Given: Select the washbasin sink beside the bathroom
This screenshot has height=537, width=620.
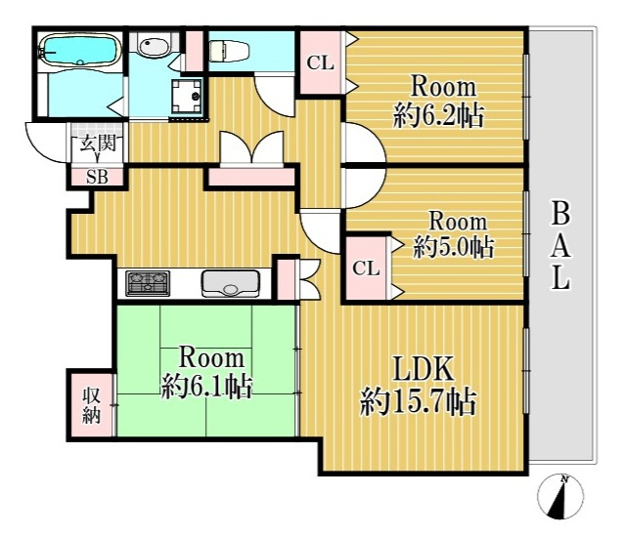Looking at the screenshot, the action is [x=154, y=46].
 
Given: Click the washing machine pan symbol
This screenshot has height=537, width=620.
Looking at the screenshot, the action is [x=186, y=96].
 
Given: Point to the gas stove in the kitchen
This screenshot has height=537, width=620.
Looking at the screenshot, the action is [x=148, y=283].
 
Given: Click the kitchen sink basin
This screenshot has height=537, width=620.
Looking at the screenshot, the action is [x=230, y=283].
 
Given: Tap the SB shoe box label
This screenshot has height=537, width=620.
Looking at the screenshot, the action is [x=97, y=177].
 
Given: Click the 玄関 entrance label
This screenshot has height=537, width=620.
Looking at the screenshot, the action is [x=98, y=144].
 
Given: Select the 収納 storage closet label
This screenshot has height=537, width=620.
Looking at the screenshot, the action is [x=91, y=405].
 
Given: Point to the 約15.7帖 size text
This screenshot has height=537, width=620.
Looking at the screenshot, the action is [x=418, y=402].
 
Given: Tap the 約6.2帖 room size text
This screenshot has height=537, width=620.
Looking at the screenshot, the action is [x=438, y=115].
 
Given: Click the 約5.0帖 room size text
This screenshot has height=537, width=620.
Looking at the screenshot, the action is [x=453, y=247].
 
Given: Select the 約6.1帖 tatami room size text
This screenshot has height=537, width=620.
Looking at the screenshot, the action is [x=206, y=388].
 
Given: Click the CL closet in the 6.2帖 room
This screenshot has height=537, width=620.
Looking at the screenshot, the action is [x=321, y=62].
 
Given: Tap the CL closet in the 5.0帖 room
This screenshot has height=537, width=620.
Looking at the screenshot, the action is [x=366, y=268].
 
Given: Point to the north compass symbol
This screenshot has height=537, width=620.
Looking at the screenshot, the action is [x=560, y=496].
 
